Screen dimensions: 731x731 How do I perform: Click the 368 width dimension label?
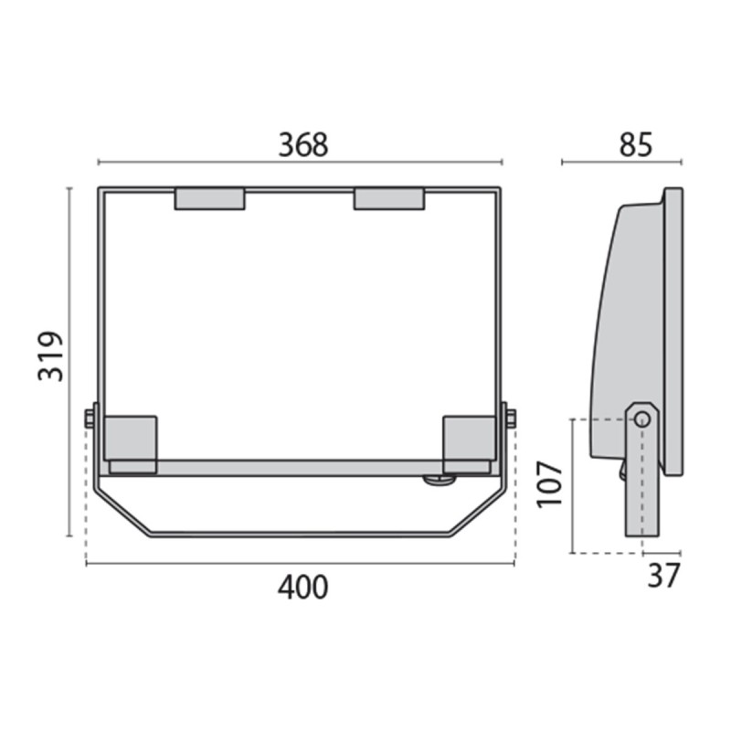pyautogui.click(x=302, y=144)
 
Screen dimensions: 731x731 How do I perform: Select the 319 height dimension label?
pyautogui.click(x=51, y=356)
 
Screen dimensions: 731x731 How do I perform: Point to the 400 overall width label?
pyautogui.click(x=302, y=587)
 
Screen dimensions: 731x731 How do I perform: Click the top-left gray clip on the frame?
pyautogui.click(x=209, y=199)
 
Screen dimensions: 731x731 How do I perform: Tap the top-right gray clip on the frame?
pyautogui.click(x=389, y=199)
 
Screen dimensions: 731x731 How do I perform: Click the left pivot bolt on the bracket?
pyautogui.click(x=90, y=418)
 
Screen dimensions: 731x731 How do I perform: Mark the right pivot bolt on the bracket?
pyautogui.click(x=510, y=418)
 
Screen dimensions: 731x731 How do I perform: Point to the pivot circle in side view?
pyautogui.click(x=642, y=418)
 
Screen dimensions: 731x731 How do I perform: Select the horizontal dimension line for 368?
pyautogui.click(x=183, y=163)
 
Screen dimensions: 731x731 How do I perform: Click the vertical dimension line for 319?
pyautogui.click(x=69, y=274)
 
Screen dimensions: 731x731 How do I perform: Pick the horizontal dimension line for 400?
pyautogui.click(x=183, y=564)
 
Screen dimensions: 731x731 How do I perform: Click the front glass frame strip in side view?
pyautogui.click(x=673, y=329)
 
